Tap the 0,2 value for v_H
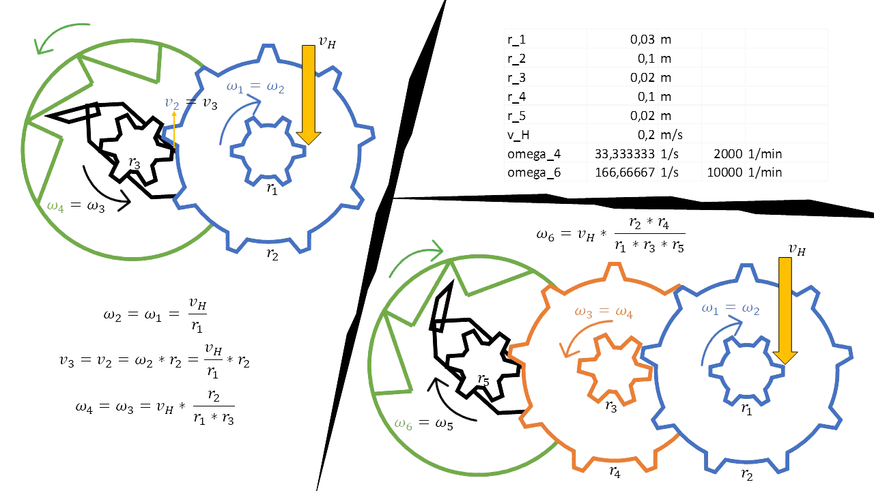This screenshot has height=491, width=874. [642, 134]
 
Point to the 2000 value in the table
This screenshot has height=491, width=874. [731, 153]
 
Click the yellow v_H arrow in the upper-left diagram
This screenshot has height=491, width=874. [309, 95]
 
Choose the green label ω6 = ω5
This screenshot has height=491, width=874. [425, 423]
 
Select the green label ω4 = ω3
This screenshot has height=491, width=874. [76, 205]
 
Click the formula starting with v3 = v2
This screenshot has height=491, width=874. [154, 361]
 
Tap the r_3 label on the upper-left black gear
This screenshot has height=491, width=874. [134, 162]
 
